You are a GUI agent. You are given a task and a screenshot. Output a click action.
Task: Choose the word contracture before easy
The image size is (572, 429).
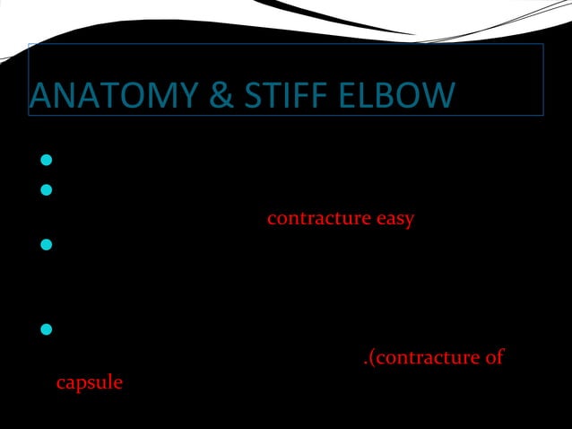[x=319, y=218]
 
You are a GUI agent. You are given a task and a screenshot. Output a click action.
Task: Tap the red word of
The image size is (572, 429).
[x=493, y=358]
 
